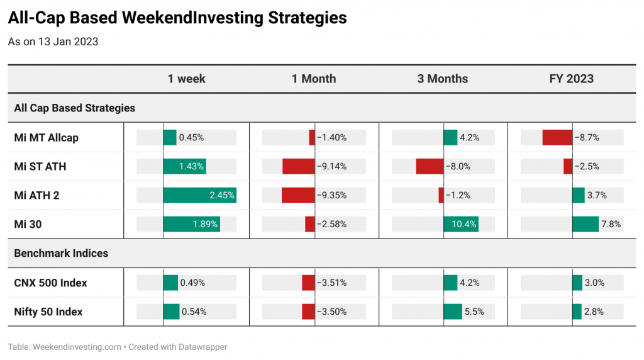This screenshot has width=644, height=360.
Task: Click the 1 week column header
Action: coord(186,79)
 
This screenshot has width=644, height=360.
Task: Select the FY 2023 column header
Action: coord(571,79)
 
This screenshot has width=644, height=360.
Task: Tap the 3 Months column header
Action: coord(442,79)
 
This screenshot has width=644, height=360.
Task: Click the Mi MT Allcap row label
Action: coord(46,138)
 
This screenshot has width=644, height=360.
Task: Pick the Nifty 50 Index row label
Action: coord(48,312)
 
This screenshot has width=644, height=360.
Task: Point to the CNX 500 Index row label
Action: coord(50,283)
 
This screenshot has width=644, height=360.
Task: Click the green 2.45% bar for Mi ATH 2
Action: coord(199,195)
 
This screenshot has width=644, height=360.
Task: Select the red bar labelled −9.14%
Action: coord(299,166)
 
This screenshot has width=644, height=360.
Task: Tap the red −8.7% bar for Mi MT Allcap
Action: coord(557,138)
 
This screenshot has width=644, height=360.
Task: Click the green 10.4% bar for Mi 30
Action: coord(461,225)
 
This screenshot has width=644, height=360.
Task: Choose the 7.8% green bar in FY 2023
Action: coord(586,225)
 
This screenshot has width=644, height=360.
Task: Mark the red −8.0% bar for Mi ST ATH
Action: coord(430,166)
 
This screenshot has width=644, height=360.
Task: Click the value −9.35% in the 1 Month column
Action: coord(332,195)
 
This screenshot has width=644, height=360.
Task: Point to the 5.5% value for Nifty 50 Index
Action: coord(474,312)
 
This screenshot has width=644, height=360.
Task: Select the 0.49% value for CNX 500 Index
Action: coord(192,283)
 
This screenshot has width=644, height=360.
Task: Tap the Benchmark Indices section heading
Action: coord(61,253)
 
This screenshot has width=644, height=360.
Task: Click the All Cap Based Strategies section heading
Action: coord(74,108)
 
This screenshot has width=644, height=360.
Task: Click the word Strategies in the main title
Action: coord(307,18)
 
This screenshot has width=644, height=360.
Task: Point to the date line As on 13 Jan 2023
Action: coord(53,42)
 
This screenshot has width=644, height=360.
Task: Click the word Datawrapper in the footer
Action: coord(203,347)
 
